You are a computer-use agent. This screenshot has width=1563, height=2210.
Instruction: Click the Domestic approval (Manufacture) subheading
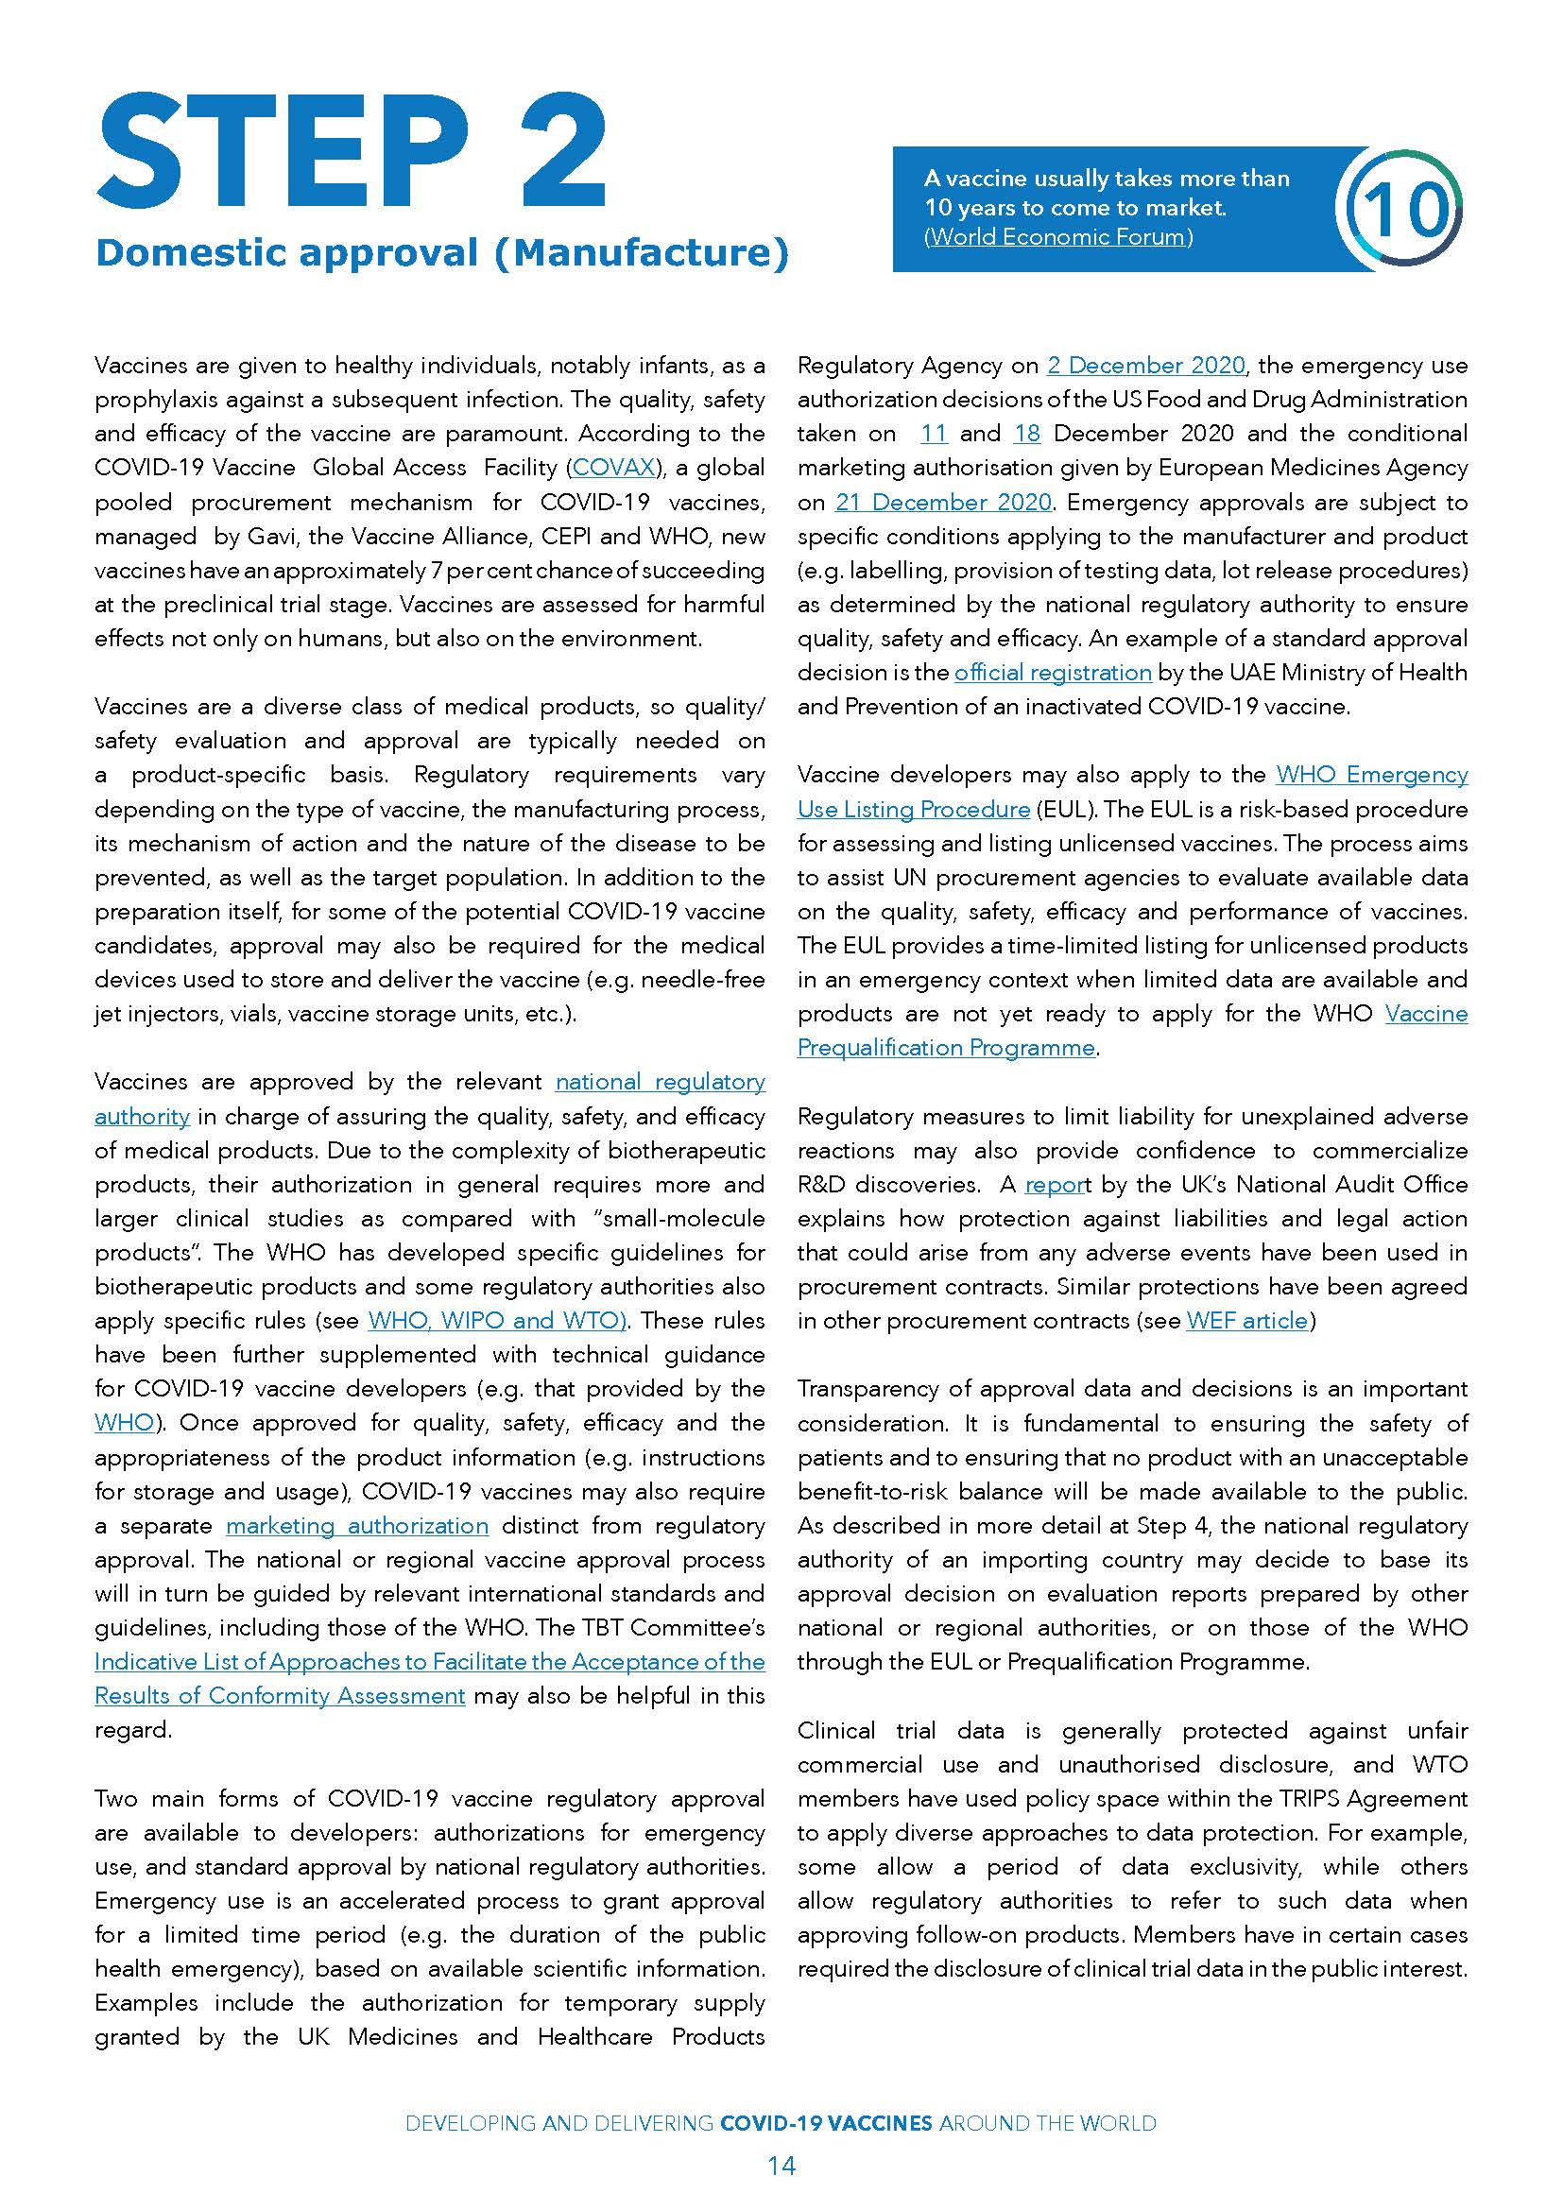coord(441,253)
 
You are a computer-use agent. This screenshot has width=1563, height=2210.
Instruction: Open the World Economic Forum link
coord(1057,237)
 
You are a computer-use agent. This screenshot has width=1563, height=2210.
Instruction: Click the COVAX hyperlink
coord(614,468)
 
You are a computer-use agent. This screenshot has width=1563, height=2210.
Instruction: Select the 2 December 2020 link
coord(1145,366)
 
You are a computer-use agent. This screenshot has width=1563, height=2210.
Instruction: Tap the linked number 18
coord(1027,434)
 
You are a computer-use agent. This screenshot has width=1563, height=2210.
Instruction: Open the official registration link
coord(1052,673)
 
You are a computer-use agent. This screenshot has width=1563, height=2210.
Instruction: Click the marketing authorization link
coord(357,1526)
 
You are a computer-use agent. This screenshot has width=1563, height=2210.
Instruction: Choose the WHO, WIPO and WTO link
coord(498,1321)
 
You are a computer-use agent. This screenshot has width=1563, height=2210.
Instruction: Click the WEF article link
coord(1247,1321)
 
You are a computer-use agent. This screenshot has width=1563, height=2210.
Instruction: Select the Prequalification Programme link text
coord(945,1047)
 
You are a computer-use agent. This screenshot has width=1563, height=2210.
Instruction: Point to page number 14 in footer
coord(781,2167)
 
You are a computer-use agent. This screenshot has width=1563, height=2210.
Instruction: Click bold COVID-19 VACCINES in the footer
coord(826,2123)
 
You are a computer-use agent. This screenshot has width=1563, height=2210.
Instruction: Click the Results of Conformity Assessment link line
coord(279,1696)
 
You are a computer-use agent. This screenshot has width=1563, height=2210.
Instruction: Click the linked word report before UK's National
coord(1055,1185)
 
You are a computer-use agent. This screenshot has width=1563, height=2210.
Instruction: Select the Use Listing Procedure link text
coord(913,810)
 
